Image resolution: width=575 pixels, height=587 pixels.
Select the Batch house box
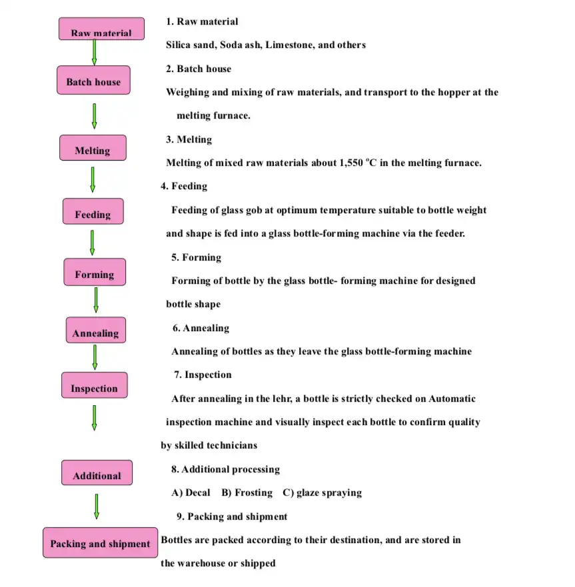pyautogui.click(x=93, y=81)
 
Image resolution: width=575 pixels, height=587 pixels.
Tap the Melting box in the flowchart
pyautogui.click(x=93, y=149)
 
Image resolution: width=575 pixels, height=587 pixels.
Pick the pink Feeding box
pyautogui.click(x=93, y=212)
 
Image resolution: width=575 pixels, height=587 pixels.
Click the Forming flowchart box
pyautogui.click(x=95, y=273)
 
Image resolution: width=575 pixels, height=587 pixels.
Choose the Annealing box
pyautogui.click(x=95, y=330)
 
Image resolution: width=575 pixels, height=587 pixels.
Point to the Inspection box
pyautogui.click(x=94, y=386)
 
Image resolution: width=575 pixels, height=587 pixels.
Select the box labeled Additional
pyautogui.click(x=97, y=473)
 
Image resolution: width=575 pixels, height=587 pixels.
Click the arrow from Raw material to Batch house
pyautogui.click(x=94, y=51)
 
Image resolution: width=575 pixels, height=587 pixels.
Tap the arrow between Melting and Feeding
pyautogui.click(x=93, y=179)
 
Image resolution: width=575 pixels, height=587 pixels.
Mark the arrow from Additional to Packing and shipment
pyautogui.click(x=97, y=506)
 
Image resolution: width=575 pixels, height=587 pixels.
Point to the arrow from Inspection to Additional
pyautogui.click(x=95, y=417)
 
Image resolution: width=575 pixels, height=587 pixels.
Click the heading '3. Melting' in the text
pyautogui.click(x=189, y=139)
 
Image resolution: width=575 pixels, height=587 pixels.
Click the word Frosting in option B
pyautogui.click(x=253, y=492)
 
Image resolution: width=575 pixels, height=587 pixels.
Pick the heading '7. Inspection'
pyautogui.click(x=203, y=374)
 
